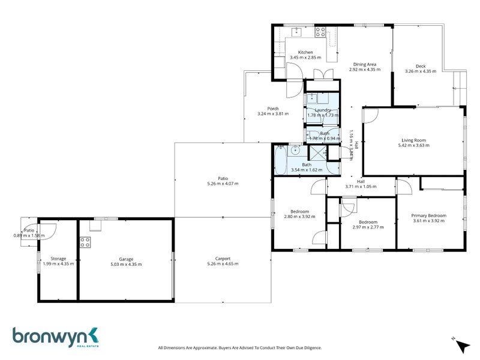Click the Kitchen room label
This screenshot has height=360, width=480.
click(x=305, y=52)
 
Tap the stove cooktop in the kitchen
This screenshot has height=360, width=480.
click(x=320, y=33)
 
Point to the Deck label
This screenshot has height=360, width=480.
click(x=421, y=66)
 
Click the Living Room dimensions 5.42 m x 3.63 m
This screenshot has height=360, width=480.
click(x=413, y=145)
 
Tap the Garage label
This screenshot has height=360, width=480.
click(x=126, y=259)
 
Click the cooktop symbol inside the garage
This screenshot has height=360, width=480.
click(x=85, y=242)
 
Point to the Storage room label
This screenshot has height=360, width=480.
click(x=58, y=259)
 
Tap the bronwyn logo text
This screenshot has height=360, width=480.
click(x=51, y=336)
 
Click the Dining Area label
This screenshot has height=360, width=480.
click(x=364, y=64)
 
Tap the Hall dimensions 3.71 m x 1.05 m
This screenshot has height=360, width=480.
click(x=361, y=187)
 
